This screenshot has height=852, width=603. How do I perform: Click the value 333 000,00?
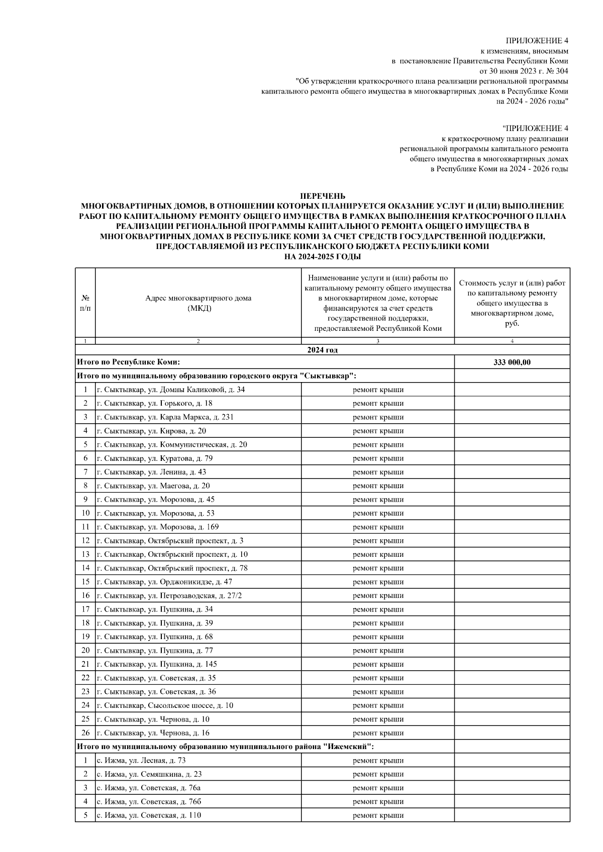point(512,362)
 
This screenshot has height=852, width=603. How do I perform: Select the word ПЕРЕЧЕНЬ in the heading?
point(323,196)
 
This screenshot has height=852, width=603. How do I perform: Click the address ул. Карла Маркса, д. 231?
point(165,417)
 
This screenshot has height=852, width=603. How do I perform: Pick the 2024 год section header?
point(323,350)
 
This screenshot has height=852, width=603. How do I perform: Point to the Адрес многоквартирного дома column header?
point(198,303)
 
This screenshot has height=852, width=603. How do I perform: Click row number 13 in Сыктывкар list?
point(85,554)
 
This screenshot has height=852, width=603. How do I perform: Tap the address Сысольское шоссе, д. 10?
point(165,705)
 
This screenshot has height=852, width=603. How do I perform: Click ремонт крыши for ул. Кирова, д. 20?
point(378,431)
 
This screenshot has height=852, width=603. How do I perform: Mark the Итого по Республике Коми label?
point(129,362)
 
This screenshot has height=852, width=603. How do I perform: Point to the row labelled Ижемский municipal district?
point(225,747)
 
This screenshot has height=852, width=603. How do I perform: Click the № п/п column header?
point(85,303)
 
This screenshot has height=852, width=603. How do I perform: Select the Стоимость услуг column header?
point(512,303)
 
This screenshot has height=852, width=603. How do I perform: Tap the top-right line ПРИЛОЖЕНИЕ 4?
point(537,41)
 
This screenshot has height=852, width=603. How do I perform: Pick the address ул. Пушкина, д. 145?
point(157,664)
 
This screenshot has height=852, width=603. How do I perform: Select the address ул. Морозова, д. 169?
point(158,527)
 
